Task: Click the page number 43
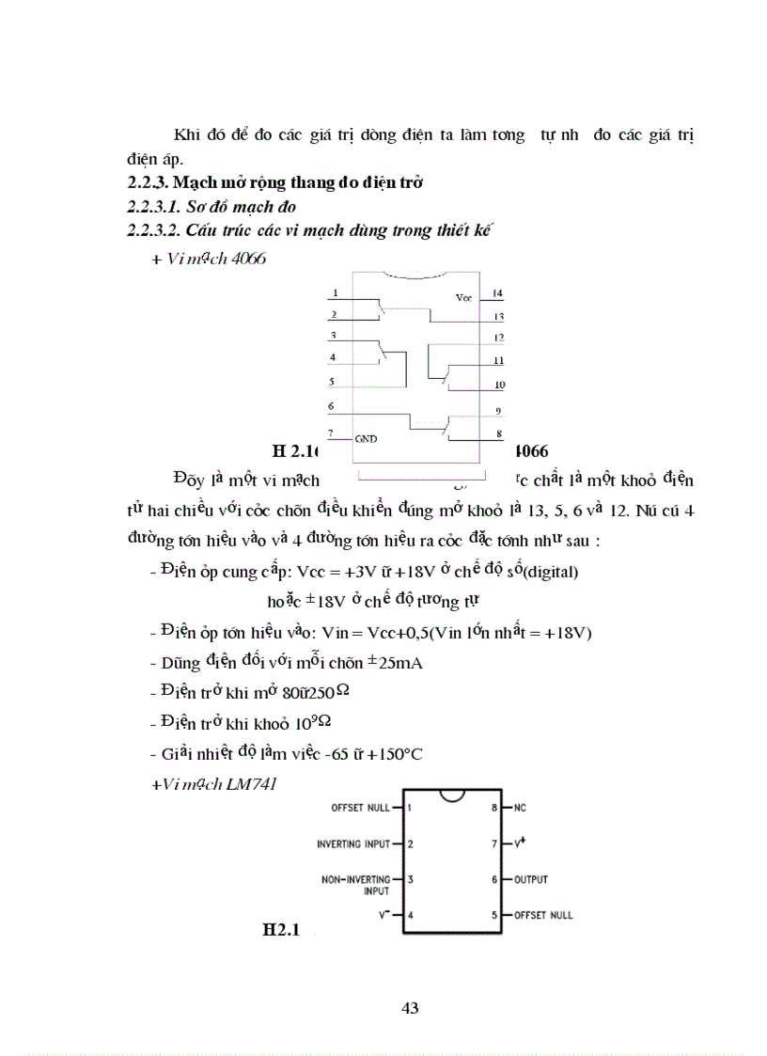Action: click(410, 1008)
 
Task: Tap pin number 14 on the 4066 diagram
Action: click(497, 293)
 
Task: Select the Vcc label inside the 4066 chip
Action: click(463, 297)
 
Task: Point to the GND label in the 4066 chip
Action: click(367, 438)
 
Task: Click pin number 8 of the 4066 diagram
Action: click(498, 433)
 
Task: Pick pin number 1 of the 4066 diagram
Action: click(335, 293)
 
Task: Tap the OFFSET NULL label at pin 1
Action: click(360, 808)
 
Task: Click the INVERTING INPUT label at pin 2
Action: click(352, 844)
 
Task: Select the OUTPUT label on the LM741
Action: click(531, 880)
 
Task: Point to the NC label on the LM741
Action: click(520, 808)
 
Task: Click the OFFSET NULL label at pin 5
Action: click(542, 915)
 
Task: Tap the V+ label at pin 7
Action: click(518, 843)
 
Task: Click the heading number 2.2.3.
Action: click(149, 182)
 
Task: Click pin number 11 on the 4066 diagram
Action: click(499, 361)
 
